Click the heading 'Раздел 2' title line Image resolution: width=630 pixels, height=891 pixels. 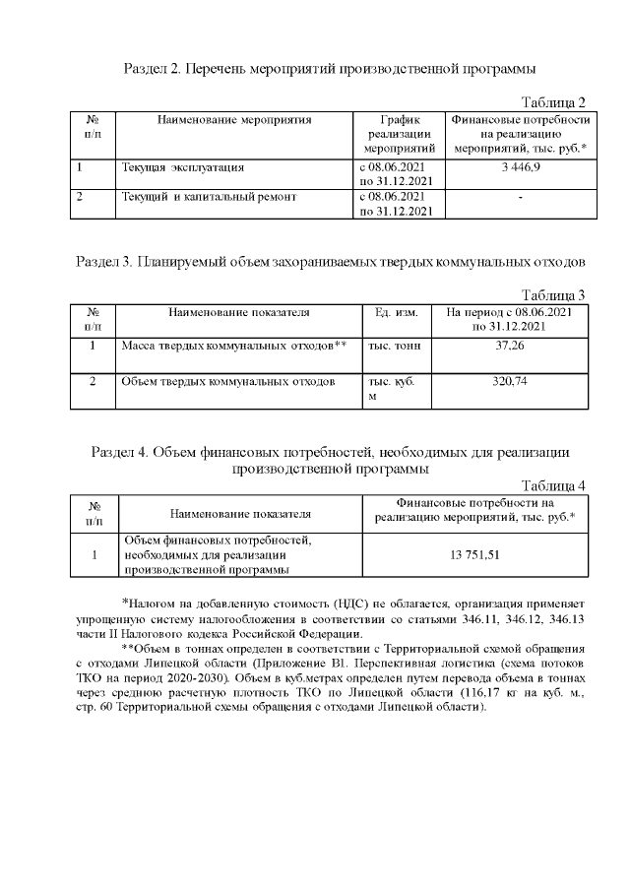pyautogui.click(x=329, y=70)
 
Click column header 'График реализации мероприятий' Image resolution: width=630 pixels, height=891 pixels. pyautogui.click(x=400, y=134)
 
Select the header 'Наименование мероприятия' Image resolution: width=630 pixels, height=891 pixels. pyautogui.click(x=234, y=120)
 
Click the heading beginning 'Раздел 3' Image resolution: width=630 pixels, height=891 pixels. pyautogui.click(x=331, y=263)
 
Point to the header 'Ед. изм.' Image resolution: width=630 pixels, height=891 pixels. pyautogui.click(x=398, y=313)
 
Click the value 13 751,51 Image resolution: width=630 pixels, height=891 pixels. pyautogui.click(x=476, y=555)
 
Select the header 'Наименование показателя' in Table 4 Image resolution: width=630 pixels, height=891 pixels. pyautogui.click(x=240, y=513)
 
